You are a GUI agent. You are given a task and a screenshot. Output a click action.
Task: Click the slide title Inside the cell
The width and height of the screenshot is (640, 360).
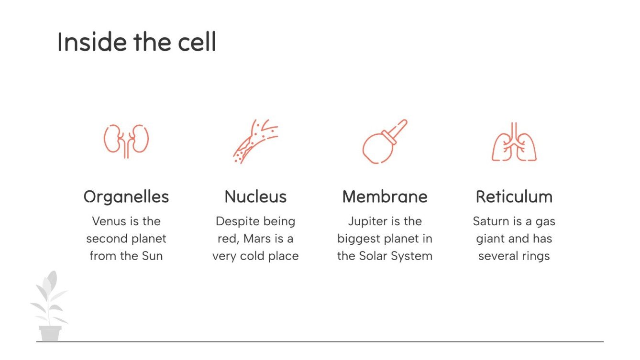coord(136,42)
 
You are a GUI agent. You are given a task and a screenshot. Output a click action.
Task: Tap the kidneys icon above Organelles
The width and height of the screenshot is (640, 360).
coord(126,141)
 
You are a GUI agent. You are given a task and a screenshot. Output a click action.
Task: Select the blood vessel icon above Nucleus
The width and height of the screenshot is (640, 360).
coord(255,141)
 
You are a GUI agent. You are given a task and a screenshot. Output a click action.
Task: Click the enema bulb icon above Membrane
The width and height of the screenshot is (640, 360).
coord(385,142)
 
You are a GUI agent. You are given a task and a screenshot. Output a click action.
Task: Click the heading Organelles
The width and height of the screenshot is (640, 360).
coord(126,196)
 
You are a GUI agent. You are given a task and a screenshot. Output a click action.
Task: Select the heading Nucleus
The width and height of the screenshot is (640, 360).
coord(255,196)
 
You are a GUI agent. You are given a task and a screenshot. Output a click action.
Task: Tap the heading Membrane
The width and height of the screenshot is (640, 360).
coord(385,196)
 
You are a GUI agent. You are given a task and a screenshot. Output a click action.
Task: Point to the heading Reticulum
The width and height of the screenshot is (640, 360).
coord(514,196)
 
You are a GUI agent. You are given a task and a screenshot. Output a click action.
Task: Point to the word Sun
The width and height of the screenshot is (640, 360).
coord(152,256)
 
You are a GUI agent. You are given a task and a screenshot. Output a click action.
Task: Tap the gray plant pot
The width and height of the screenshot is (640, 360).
coord(50,333)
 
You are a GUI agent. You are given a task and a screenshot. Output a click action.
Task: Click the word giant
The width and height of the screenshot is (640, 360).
coord(491,239)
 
